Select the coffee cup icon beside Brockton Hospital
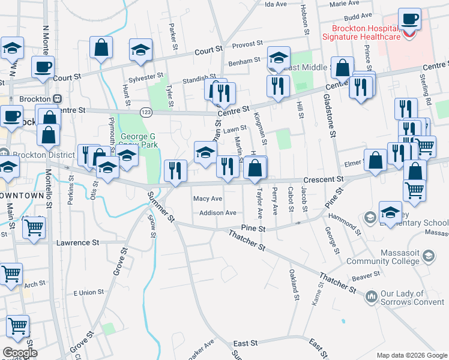coord(409,19)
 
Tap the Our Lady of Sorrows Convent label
coord(412,296)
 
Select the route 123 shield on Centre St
coord(146,112)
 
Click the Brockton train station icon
coord(58,98)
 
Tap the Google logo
coord(19,353)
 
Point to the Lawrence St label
coord(77,243)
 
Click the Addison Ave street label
coord(218,212)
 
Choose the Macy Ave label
coord(208,199)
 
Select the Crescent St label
coord(323,179)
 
